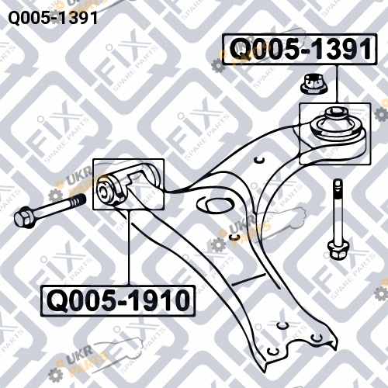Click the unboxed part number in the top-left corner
(53, 18)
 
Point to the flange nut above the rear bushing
(314, 83)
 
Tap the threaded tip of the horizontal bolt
(80, 200)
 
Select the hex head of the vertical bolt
(338, 250)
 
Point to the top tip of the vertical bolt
(338, 181)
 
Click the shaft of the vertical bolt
(338, 212)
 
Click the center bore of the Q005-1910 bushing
(103, 192)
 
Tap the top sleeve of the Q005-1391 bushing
(335, 113)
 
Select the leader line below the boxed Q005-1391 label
(337, 83)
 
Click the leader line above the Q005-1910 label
(128, 248)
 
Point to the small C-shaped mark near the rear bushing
(258, 161)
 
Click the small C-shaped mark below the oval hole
(234, 237)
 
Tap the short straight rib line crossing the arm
(248, 279)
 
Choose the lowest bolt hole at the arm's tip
(272, 352)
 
